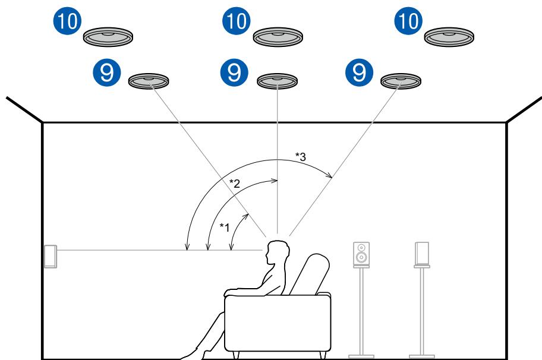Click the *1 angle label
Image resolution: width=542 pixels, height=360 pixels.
(224, 228)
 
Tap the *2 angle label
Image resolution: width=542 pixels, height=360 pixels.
(234, 183)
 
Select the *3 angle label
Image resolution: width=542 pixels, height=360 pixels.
(300, 156)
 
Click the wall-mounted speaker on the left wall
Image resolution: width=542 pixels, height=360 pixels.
(51, 257)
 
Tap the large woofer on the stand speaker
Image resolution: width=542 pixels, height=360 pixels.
(361, 257)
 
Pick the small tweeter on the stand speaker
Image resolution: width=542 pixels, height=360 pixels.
(361, 247)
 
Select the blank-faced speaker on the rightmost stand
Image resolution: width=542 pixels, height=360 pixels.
(422, 253)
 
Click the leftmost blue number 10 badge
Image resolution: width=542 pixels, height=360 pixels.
(67, 21)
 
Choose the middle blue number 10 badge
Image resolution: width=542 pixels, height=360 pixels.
(237, 21)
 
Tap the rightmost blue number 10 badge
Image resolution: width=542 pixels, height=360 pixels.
(408, 21)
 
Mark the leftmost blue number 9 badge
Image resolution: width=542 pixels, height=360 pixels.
(107, 72)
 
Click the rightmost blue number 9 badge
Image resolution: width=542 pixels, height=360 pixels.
(360, 72)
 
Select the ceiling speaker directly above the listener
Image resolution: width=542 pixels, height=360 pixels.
(277, 81)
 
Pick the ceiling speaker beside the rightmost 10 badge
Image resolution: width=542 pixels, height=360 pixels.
(449, 37)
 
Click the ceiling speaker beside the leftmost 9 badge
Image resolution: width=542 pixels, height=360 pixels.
(149, 81)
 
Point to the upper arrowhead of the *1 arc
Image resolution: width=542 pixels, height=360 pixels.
(247, 216)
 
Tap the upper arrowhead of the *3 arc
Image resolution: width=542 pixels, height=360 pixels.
(330, 176)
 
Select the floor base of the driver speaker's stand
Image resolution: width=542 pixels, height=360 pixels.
(361, 356)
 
